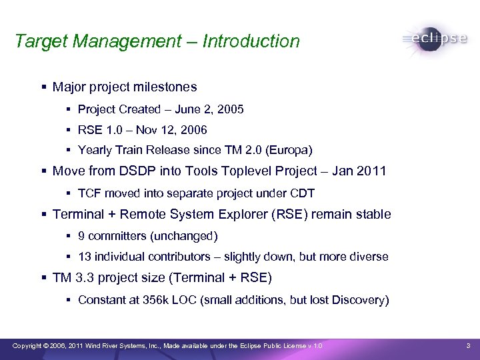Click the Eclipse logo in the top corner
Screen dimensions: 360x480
point(435,38)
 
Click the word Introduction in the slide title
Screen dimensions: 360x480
point(251,41)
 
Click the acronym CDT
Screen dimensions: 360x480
point(303,193)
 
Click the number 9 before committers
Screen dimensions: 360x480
point(81,236)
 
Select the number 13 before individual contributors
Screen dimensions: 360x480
point(85,257)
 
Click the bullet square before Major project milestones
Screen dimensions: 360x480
point(43,87)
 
